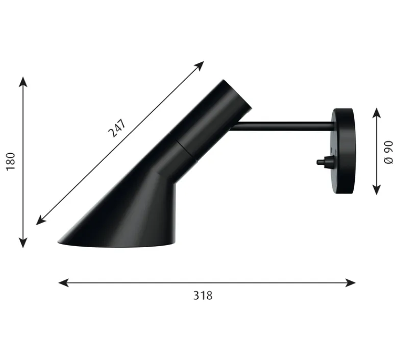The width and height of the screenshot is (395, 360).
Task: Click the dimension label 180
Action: tap(11, 161)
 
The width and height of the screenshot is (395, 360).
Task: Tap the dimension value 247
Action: tap(117, 128)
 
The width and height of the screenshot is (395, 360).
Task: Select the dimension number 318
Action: tap(203, 296)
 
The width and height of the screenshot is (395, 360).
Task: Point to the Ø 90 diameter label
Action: tap(389, 152)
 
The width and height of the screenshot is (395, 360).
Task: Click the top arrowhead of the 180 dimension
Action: tap(23, 82)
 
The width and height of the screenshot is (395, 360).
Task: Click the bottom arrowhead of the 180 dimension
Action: tap(23, 243)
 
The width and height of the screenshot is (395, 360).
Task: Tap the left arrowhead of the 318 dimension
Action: tap(63, 283)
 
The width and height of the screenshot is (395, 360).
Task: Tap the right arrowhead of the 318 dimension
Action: tap(350, 283)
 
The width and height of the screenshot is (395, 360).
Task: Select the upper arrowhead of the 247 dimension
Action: tap(199, 65)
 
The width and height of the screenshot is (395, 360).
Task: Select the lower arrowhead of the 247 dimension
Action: tap(41, 220)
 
